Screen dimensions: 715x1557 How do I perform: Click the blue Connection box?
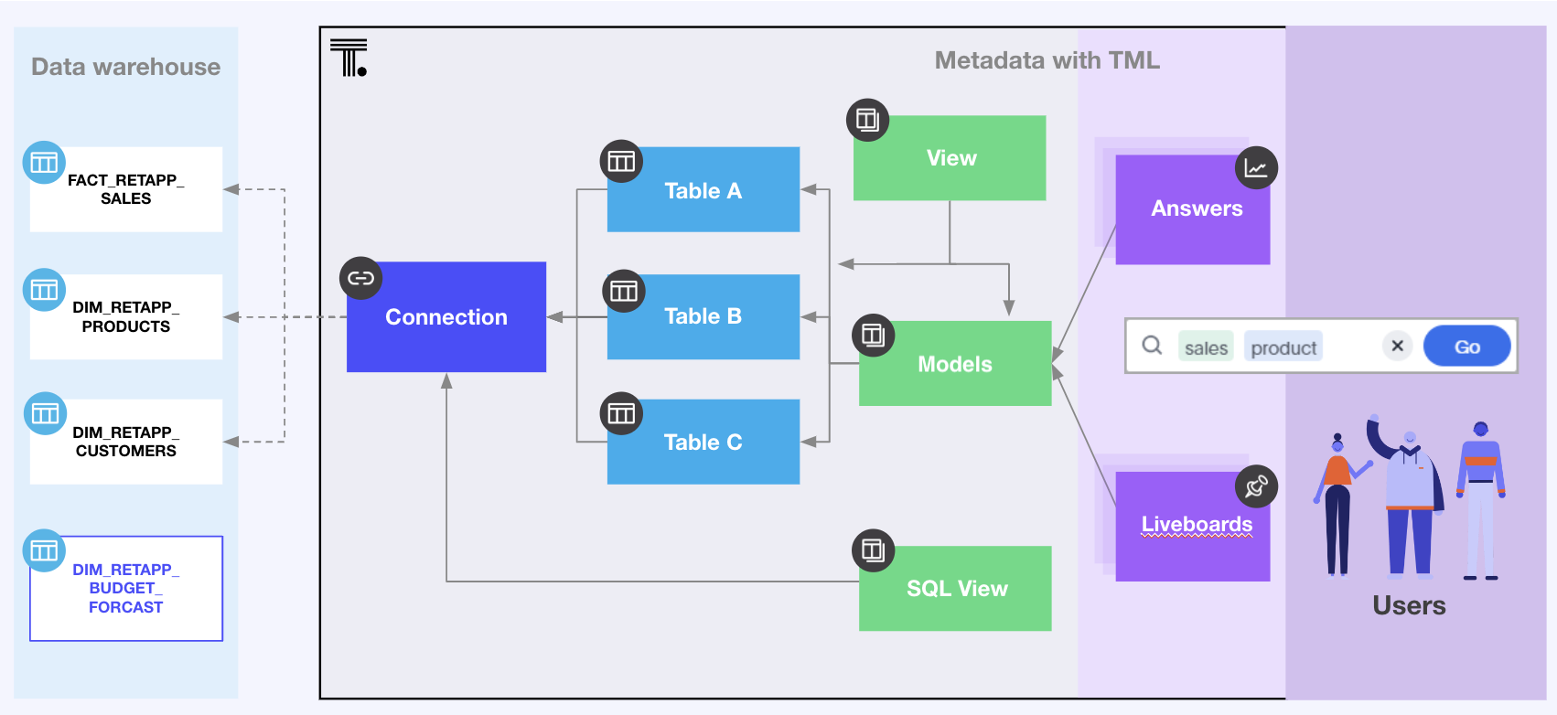click(x=446, y=317)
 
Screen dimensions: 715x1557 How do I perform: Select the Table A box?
click(x=703, y=190)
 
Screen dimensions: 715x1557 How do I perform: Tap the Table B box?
click(x=703, y=316)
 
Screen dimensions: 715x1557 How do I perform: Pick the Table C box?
click(x=703, y=442)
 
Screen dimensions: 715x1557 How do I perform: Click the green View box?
click(x=950, y=158)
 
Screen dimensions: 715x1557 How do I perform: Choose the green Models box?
click(x=955, y=364)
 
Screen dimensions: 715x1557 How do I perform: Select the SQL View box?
click(x=956, y=589)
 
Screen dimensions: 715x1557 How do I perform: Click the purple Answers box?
click(x=1193, y=209)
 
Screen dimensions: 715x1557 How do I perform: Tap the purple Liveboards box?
click(x=1193, y=526)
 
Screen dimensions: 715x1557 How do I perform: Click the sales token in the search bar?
click(x=1206, y=347)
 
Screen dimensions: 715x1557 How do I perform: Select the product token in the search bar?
click(x=1283, y=347)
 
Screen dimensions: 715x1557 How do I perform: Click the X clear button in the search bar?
click(x=1397, y=346)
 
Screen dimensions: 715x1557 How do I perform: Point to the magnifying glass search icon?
click(x=1152, y=345)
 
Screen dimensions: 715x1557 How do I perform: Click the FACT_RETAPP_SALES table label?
click(x=126, y=189)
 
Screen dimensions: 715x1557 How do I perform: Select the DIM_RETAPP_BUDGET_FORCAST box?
click(x=126, y=588)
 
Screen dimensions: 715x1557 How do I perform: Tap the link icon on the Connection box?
click(x=360, y=278)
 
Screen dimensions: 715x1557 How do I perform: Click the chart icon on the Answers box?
click(x=1256, y=168)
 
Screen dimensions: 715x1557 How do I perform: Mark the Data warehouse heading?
click(x=125, y=67)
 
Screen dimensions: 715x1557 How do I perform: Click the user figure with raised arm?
click(x=1408, y=498)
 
